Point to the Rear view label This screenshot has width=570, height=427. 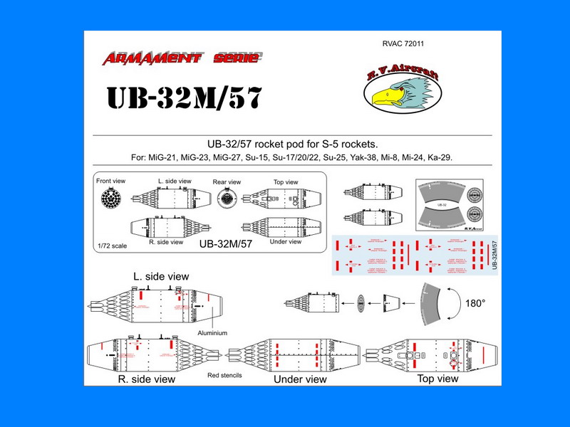pos(227,182)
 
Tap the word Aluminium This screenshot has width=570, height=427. pos(214,333)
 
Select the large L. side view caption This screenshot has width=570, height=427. pos(160,275)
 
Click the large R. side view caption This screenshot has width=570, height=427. pos(147,379)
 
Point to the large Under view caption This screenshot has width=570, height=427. pos(300,379)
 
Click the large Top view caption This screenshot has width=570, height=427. pos(438,379)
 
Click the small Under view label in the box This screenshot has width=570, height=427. pos(286,242)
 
